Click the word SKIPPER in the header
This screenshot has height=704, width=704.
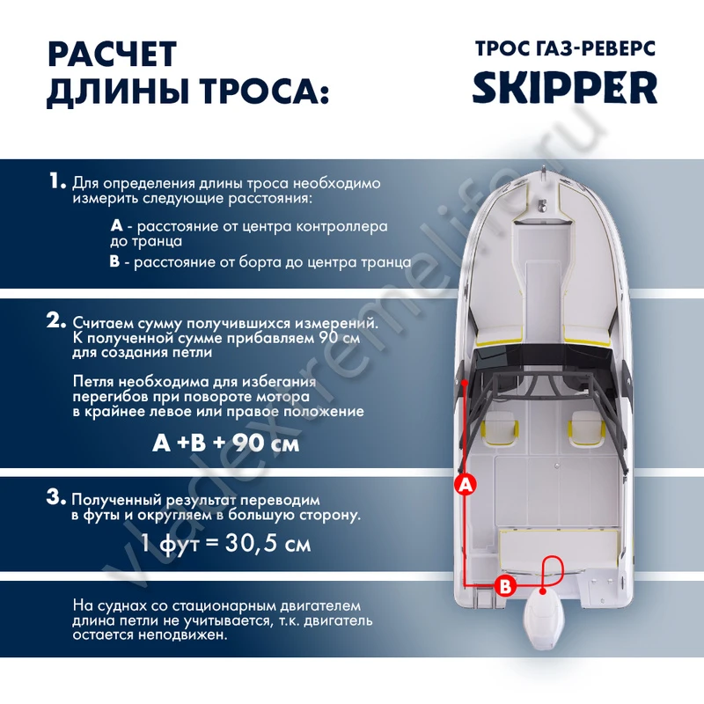564,87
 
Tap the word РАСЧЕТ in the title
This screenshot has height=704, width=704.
113,55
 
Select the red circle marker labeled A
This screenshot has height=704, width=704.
466,485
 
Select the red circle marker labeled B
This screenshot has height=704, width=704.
505,586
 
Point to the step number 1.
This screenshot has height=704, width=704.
57,181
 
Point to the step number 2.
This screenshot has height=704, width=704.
56,320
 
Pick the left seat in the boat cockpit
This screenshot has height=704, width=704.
499,429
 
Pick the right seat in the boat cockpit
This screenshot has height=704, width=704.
586,429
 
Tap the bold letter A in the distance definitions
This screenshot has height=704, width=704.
116,225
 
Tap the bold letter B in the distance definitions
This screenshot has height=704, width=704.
114,261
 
